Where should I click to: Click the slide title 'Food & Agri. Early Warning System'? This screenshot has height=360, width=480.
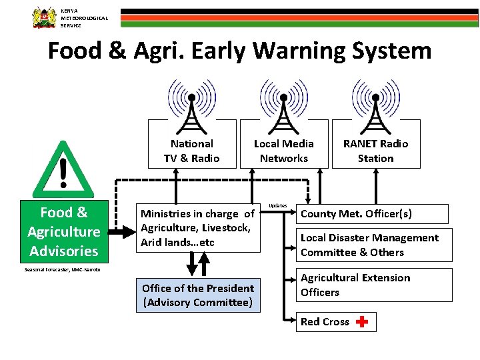point(239,51)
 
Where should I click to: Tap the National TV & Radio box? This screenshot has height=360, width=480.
point(192,151)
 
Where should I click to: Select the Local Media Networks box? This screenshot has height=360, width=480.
point(284,151)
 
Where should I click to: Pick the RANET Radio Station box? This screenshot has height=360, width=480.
point(376,151)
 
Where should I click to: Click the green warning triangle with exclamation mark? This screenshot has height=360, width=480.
point(63,168)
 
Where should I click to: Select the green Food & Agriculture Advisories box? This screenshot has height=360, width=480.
point(63,231)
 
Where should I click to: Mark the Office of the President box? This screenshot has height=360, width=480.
point(198,295)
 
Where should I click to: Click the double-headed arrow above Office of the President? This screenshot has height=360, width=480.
point(194,264)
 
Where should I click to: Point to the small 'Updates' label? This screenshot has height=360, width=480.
point(278,205)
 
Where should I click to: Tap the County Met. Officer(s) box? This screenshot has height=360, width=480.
point(372,214)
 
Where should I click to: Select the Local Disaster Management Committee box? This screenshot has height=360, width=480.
point(373,245)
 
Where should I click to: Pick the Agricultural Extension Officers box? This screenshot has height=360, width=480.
point(373,285)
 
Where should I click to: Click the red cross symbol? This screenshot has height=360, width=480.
point(362,322)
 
